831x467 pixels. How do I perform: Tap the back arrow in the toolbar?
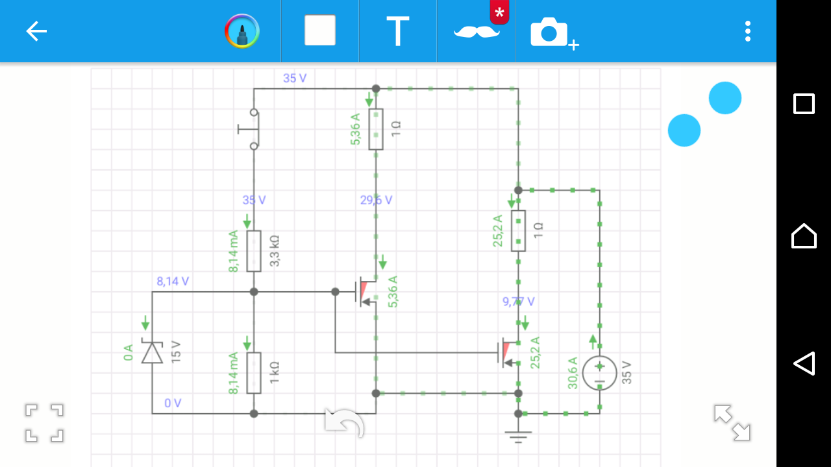[36, 31]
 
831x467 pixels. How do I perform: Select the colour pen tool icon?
[242, 31]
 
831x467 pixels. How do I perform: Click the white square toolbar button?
[320, 30]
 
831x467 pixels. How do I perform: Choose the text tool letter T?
[398, 31]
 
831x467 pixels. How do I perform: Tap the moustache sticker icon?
[477, 32]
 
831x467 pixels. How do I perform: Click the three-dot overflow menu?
[747, 31]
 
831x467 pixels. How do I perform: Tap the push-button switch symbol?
[250, 129]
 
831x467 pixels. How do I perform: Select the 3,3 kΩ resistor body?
[254, 251]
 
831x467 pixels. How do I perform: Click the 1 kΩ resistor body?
[254, 373]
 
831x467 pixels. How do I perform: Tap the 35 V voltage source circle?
[599, 373]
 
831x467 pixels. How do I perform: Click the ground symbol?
[518, 437]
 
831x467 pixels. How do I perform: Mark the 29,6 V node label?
[376, 200]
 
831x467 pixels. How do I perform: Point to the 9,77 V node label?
[518, 302]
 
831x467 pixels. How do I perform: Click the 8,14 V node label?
[173, 281]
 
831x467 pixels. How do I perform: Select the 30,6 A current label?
[573, 373]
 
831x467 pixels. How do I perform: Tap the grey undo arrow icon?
[344, 422]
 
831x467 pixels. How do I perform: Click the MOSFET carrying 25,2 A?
[508, 352]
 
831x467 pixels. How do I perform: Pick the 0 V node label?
[173, 403]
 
